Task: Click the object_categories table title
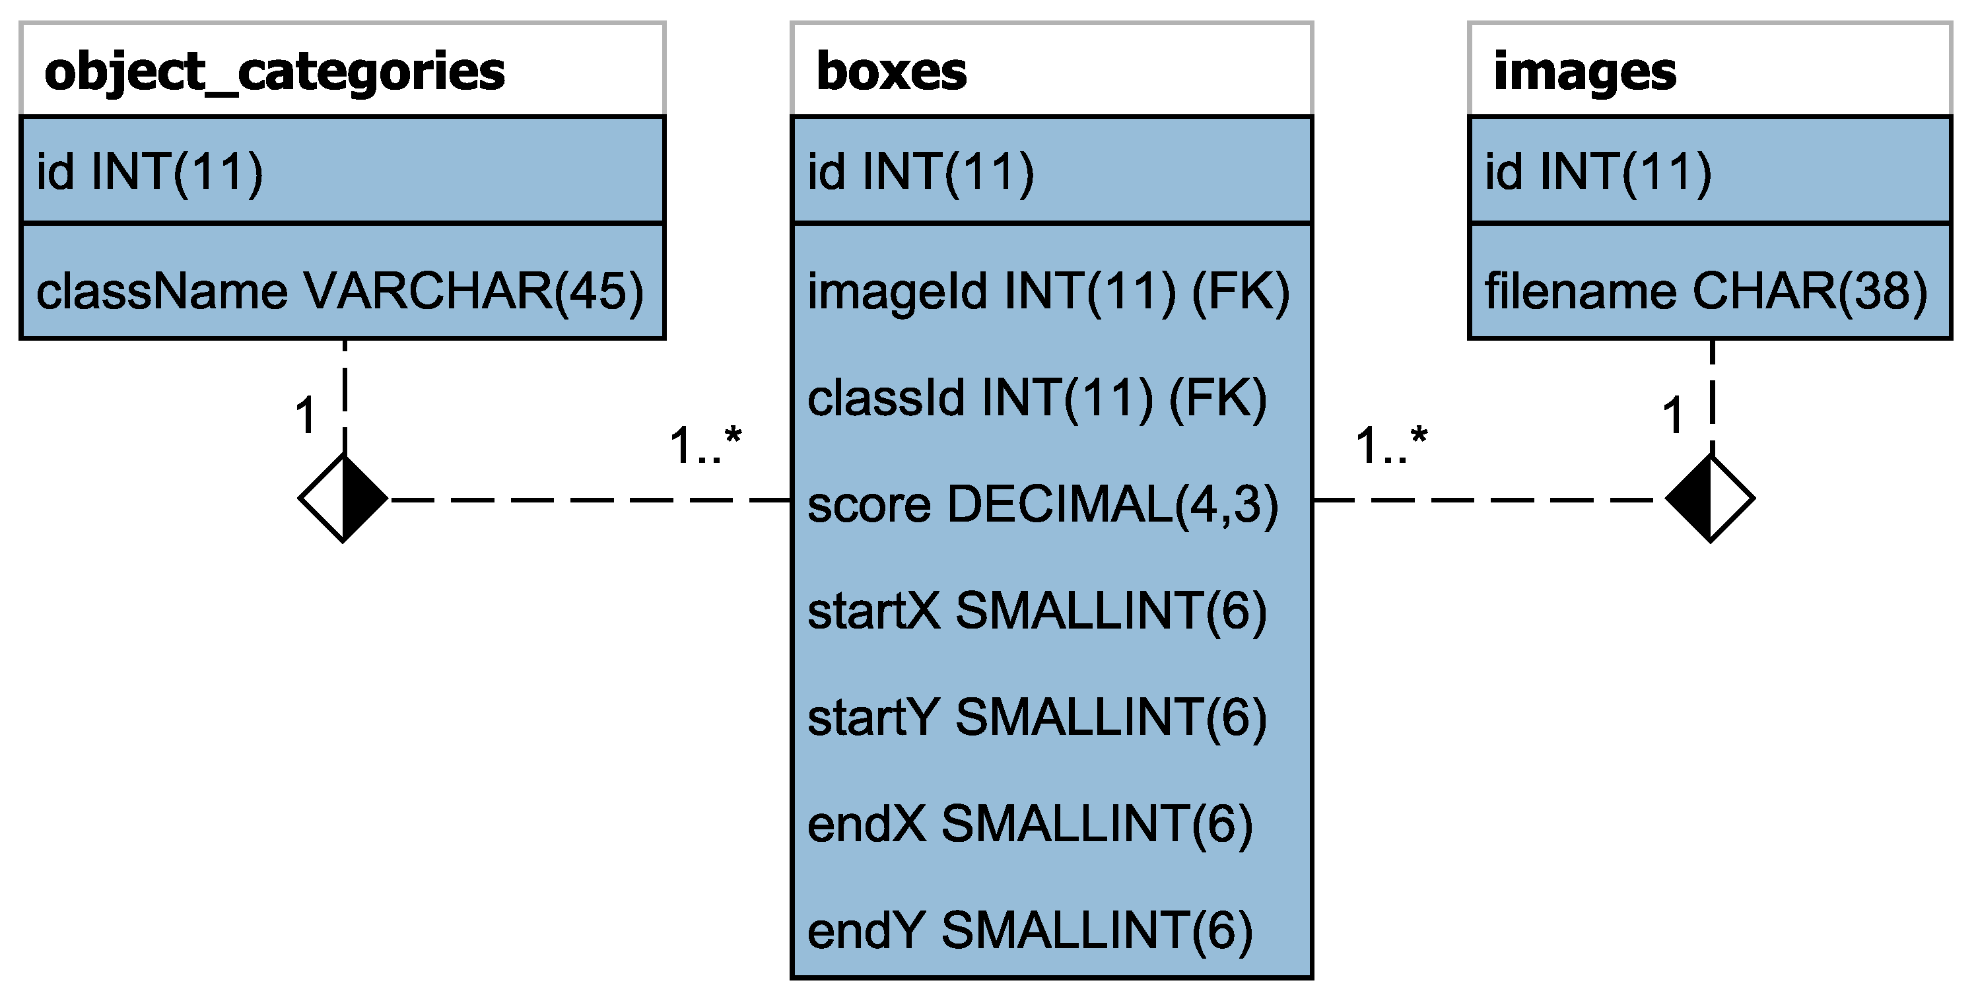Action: coord(275,72)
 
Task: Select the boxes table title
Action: coord(891,72)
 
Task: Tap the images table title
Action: coord(1584,72)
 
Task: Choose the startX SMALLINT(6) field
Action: coord(1037,612)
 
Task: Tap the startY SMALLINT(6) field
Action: coord(1037,718)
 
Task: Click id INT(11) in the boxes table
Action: coord(920,172)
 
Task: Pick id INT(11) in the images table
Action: coord(1598,172)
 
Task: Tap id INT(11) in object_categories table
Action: coord(150,172)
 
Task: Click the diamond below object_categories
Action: coord(343,499)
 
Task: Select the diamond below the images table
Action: coord(1710,499)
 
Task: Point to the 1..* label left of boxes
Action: coord(705,446)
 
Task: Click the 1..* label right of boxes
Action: coord(1390,446)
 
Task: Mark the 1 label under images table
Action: coord(1673,417)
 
